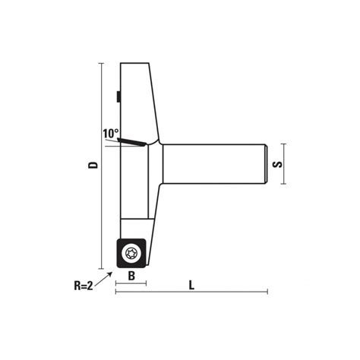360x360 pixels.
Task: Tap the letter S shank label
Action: (279, 163)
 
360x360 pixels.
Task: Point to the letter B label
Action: (131, 277)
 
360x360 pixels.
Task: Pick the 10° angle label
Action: (111, 134)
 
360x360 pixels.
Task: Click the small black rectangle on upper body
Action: (119, 96)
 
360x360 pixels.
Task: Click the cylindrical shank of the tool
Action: (213, 163)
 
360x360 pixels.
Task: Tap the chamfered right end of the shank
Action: (265, 163)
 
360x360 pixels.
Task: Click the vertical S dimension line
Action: (286, 163)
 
